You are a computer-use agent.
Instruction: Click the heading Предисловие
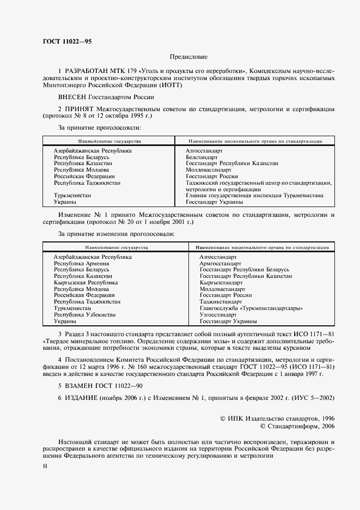[x=188, y=57]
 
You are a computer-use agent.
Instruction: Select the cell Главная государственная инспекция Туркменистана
[x=254, y=195]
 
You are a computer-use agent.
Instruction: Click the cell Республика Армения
[x=77, y=263]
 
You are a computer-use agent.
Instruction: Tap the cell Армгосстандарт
[x=220, y=263]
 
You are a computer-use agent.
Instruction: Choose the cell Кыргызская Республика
[x=86, y=283]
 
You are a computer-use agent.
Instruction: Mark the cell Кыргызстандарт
[x=221, y=283]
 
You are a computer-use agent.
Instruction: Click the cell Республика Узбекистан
[x=84, y=315]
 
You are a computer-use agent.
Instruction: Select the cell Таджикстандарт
[x=221, y=302]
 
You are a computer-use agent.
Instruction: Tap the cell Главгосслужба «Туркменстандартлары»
[x=251, y=308]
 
